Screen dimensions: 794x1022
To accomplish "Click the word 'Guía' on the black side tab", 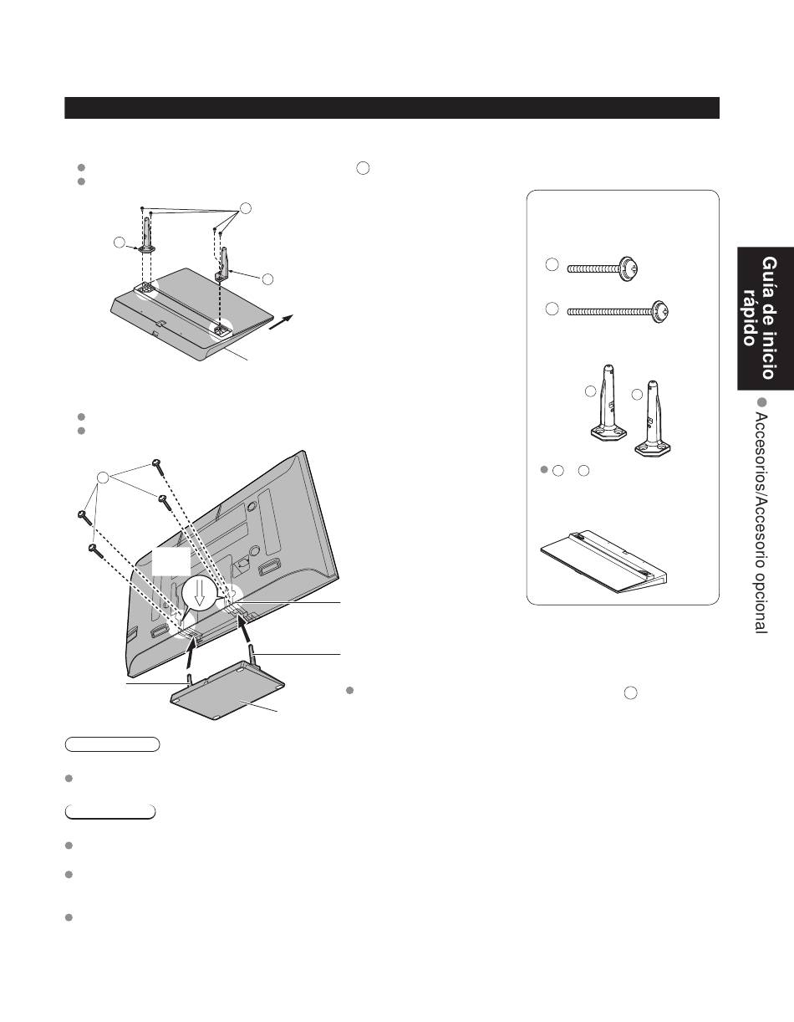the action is tap(768, 277).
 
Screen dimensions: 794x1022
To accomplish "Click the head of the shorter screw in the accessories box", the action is tap(629, 269).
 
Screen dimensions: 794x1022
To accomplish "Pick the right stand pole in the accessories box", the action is tap(653, 418).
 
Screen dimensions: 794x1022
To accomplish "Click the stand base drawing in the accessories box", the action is tap(604, 562).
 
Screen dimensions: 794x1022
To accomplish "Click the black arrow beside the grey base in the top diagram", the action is tap(282, 322).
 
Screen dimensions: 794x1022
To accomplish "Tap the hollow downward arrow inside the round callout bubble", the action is tap(200, 593).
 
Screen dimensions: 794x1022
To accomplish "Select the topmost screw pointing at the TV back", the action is tap(158, 466).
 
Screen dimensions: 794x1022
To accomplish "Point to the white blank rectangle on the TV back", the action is tap(171, 560).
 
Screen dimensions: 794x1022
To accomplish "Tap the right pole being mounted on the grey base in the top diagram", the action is tap(224, 264).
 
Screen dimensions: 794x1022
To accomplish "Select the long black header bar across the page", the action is tap(392, 108).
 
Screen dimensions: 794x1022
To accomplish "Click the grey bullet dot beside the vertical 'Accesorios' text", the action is tap(761, 402).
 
